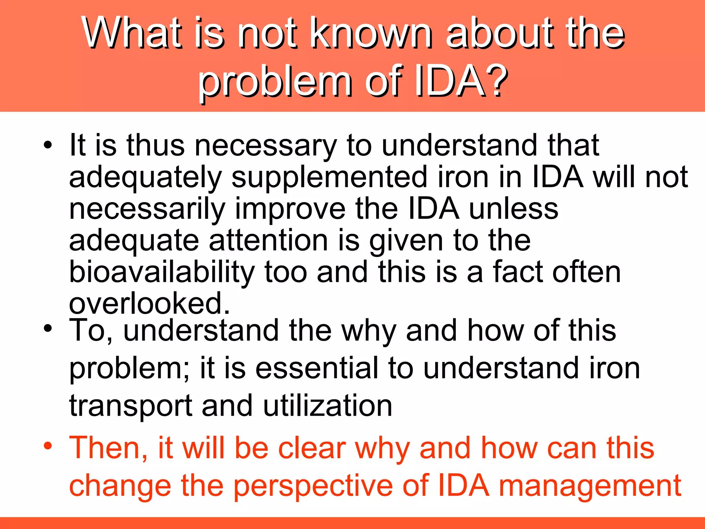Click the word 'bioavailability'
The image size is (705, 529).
point(161,272)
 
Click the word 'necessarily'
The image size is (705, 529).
point(147,209)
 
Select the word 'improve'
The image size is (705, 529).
point(290,209)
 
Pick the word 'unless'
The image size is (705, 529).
point(514,209)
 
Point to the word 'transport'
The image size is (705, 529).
point(130,406)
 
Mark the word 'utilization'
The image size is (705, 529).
point(327,406)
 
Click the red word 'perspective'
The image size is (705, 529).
point(313,486)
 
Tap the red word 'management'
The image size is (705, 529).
point(590,486)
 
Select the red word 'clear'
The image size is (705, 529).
point(312,448)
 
